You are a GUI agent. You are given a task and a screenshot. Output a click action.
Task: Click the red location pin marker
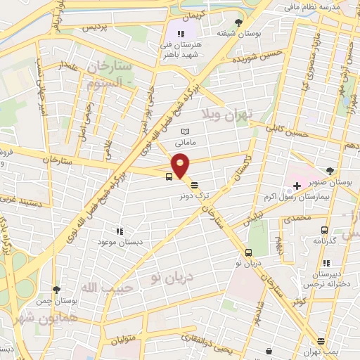click(x=181, y=165)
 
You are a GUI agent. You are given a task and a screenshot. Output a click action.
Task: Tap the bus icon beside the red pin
click(x=169, y=176)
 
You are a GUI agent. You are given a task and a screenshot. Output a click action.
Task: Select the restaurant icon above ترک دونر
click(x=193, y=184)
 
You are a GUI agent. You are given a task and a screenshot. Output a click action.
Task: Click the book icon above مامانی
click(x=185, y=131)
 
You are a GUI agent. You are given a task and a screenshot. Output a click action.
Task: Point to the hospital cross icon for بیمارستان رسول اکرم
click(x=296, y=186)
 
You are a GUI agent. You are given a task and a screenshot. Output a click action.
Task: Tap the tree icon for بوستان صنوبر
click(x=330, y=171)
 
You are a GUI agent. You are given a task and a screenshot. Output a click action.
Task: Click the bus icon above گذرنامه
click(x=324, y=229)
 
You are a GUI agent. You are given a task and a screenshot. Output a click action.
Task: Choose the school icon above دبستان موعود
click(x=120, y=230)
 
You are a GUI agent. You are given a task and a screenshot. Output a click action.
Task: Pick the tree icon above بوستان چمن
click(x=56, y=289)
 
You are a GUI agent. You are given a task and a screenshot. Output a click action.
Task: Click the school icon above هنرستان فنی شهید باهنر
click(x=181, y=33)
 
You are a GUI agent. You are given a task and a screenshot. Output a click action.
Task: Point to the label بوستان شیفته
click(x=235, y=33)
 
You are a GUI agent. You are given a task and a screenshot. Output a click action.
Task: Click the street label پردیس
click(x=96, y=29)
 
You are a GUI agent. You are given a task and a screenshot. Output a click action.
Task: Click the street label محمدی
click(x=295, y=219)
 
